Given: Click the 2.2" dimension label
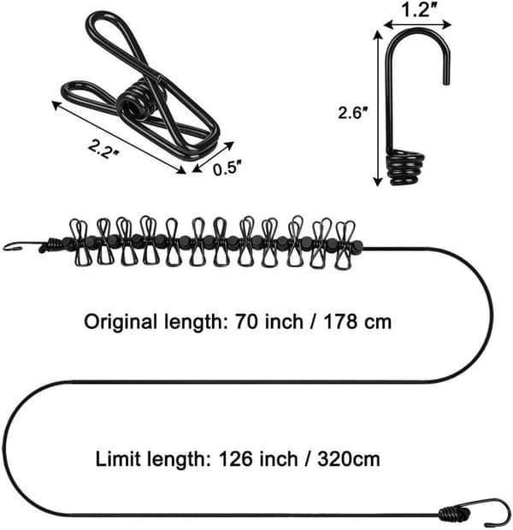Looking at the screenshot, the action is click(x=103, y=148).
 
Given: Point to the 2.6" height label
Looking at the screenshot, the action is click(x=353, y=112).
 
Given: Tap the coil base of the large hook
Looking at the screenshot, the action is click(x=406, y=168).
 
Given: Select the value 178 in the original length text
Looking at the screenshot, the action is click(x=339, y=321).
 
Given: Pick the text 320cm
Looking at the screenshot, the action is click(x=348, y=459).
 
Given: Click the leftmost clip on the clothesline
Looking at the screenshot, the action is click(x=80, y=243).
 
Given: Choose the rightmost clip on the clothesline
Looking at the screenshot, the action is click(x=345, y=244).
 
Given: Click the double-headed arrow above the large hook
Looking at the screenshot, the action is click(x=418, y=24).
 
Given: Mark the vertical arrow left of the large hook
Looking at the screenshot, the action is click(x=377, y=109).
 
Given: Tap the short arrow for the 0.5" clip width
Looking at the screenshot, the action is click(x=213, y=156).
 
